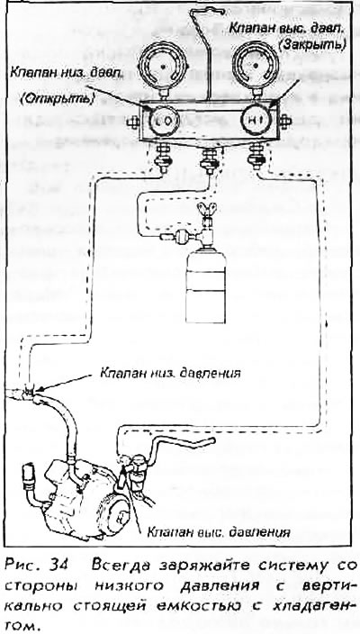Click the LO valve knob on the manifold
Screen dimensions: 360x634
coord(161,121)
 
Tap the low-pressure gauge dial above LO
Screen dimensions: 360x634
coord(162,66)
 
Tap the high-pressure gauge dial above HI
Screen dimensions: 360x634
coord(256,65)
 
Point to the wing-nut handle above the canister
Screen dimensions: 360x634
coord(206,210)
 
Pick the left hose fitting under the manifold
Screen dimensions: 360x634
coord(165,159)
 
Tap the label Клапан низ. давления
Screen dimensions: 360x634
coord(170,373)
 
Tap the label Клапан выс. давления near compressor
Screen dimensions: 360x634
coord(219,531)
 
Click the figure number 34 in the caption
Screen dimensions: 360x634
coord(57,566)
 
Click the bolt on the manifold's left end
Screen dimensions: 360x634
coord(133,122)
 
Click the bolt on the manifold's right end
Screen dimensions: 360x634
coord(284,121)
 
